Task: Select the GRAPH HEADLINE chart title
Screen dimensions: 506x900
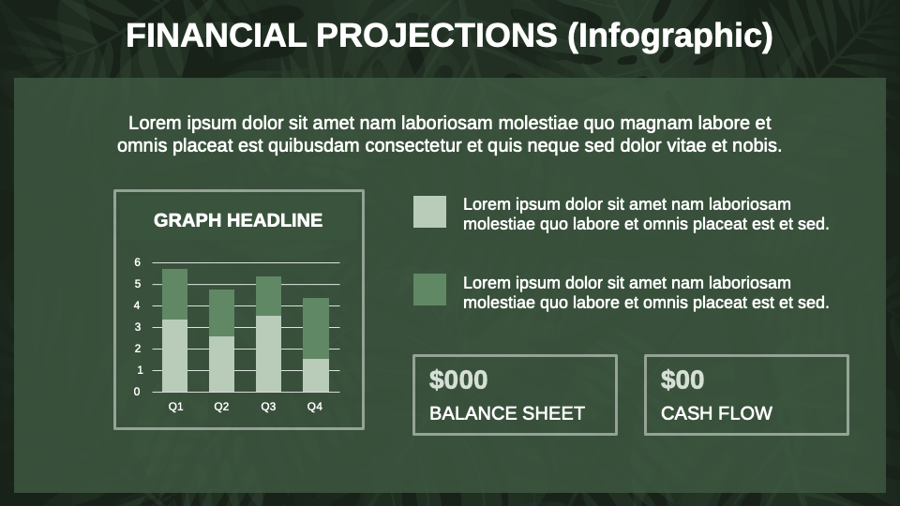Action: tap(238, 220)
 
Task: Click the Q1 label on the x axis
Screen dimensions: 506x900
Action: tap(175, 407)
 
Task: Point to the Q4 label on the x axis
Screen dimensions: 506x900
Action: tap(315, 407)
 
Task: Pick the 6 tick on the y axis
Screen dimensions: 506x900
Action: tap(137, 262)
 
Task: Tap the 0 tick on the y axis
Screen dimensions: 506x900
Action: tap(137, 392)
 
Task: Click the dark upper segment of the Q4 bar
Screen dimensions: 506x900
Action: tap(315, 328)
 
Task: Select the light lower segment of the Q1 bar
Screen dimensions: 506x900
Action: tap(175, 356)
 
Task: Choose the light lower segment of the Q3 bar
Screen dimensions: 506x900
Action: tap(268, 354)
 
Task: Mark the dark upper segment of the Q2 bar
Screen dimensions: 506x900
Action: tap(221, 313)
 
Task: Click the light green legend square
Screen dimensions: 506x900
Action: tap(429, 212)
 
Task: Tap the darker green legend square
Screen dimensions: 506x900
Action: tap(429, 290)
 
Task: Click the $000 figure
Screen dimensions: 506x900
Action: tap(458, 379)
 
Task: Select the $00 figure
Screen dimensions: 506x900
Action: tap(682, 379)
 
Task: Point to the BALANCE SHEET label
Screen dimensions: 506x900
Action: tap(507, 413)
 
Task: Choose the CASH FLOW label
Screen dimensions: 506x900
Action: tap(716, 413)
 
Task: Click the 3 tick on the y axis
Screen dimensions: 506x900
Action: tap(137, 327)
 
